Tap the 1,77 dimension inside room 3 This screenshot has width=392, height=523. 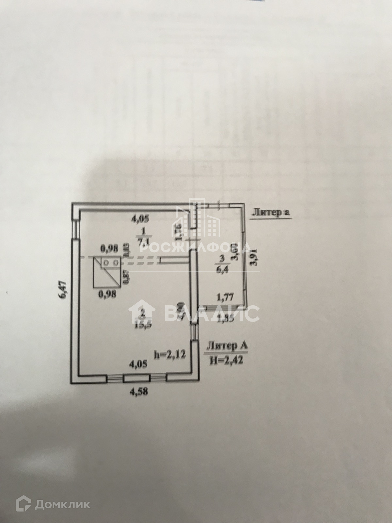[x=224, y=297]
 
